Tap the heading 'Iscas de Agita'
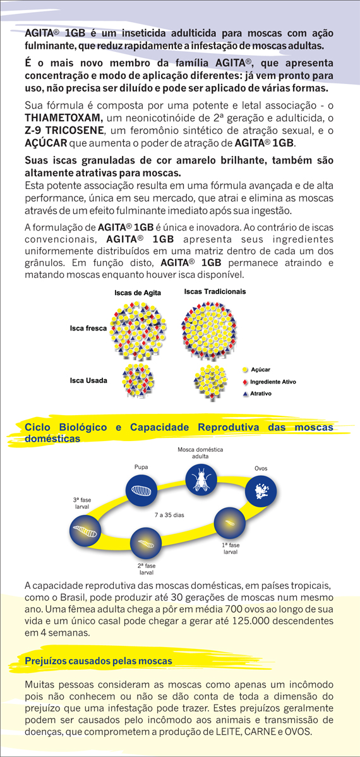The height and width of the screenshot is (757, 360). point(138,293)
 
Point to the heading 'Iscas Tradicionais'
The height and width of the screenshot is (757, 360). point(215,292)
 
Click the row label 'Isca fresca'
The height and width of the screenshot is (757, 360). point(88,329)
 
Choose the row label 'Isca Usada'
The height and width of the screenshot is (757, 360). point(88,380)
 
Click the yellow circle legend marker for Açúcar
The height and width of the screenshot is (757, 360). point(244,370)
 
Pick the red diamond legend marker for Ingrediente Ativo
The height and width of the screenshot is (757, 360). point(244,382)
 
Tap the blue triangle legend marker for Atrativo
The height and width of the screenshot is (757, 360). point(244,394)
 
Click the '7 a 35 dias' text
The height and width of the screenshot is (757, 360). point(169,515)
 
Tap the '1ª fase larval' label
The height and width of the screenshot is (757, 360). point(230,548)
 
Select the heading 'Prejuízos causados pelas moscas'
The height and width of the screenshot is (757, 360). point(99,661)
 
